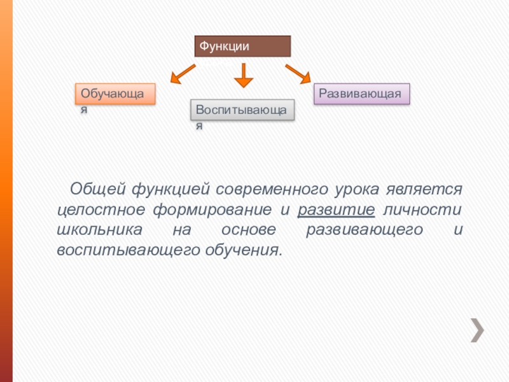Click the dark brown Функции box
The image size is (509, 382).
[x=242, y=46]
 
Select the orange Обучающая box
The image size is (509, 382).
[x=115, y=94]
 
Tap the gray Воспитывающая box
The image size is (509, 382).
[x=242, y=110]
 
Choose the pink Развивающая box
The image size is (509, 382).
[x=360, y=94]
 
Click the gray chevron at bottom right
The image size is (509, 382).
[x=477, y=330]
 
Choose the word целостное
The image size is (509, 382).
[x=97, y=209]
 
